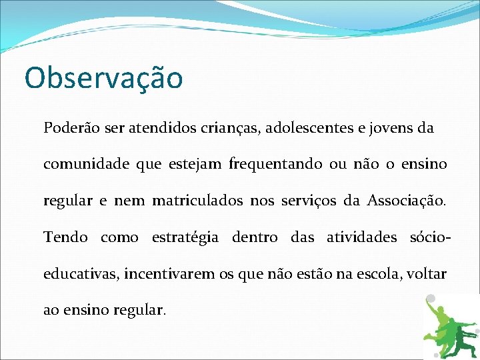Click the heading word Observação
point(103,77)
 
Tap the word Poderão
point(70,127)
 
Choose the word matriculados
point(197,200)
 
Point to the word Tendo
point(63,237)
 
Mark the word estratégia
point(185,237)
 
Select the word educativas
point(79,273)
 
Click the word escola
point(371,273)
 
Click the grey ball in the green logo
point(431,299)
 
